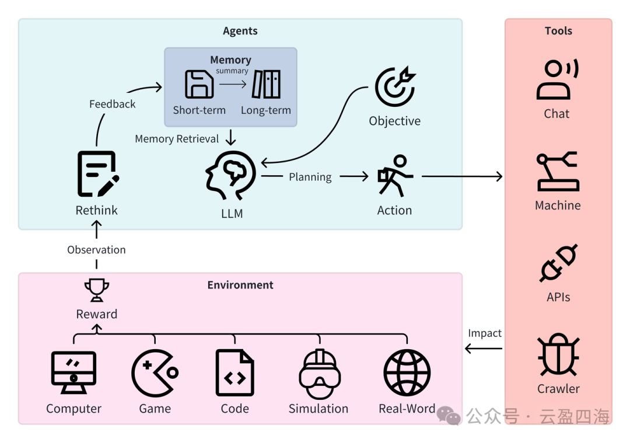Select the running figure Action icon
395,176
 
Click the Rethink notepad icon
97,174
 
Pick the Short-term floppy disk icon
199,84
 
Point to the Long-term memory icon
266,84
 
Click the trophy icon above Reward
97,289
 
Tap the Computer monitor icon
73,373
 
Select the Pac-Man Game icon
155,373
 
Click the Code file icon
235,373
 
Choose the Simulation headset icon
318,373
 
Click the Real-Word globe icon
407,373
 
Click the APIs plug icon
558,263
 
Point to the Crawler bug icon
558,356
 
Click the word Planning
310,177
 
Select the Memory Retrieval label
177,139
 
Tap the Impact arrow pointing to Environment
484,349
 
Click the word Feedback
112,104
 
